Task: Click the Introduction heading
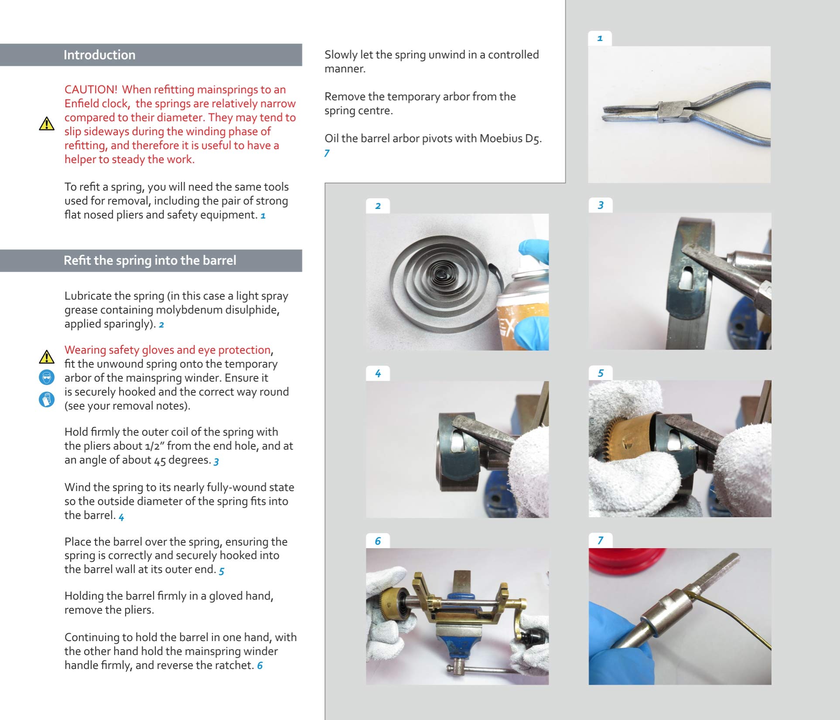[99, 55]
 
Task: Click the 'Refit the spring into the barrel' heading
[150, 260]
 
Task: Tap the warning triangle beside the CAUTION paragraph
[47, 124]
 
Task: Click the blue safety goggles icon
[47, 377]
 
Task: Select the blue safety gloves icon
[47, 399]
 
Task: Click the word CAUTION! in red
[91, 89]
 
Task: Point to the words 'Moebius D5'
[509, 139]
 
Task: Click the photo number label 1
[600, 38]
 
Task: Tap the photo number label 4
[378, 373]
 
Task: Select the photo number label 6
[378, 541]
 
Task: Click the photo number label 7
[600, 541]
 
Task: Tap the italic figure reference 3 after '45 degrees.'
[216, 461]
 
